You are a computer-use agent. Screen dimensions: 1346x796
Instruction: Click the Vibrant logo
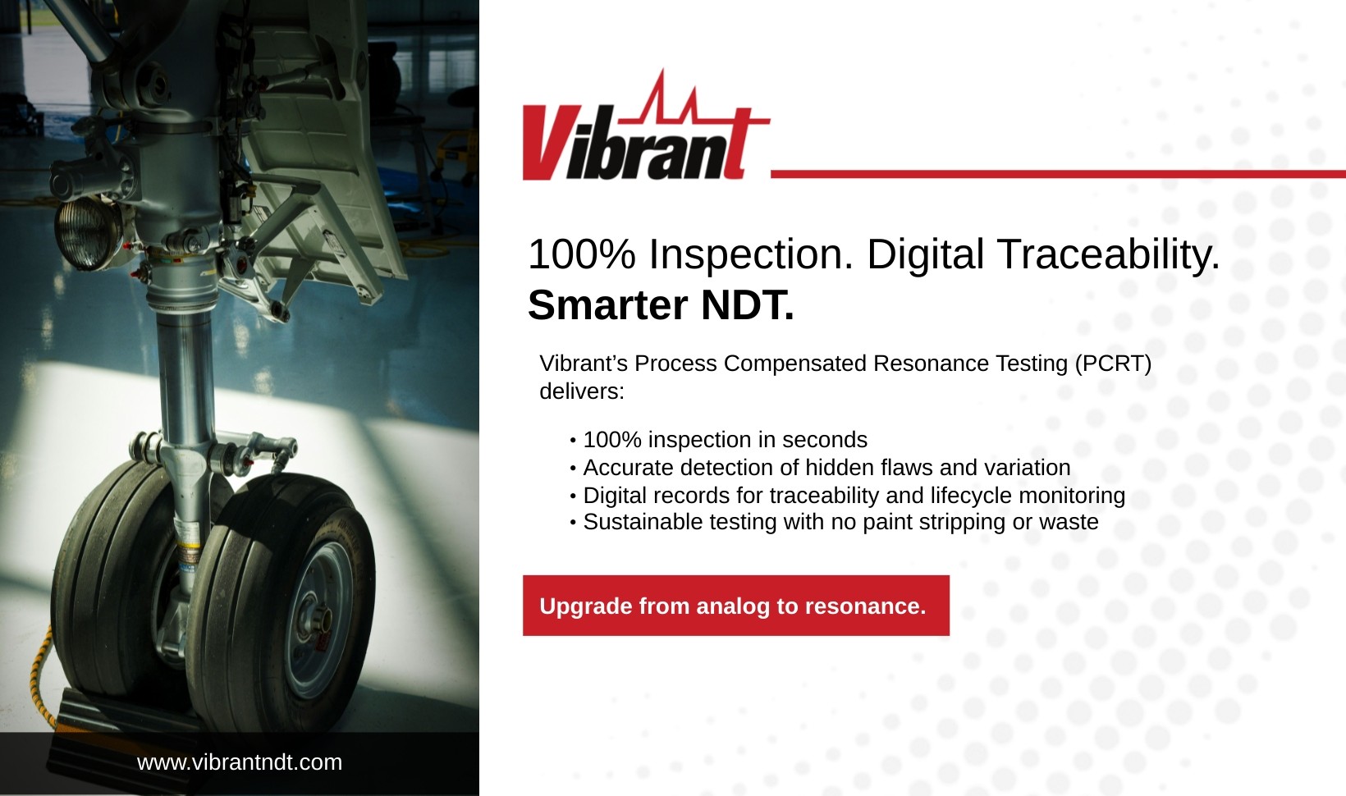(646, 125)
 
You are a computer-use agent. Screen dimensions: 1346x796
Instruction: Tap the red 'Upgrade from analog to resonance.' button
(736, 606)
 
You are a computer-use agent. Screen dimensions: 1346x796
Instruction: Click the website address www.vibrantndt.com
(239, 762)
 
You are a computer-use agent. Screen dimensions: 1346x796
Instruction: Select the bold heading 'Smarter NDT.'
(661, 305)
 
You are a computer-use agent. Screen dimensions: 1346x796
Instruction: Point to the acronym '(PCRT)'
(1113, 364)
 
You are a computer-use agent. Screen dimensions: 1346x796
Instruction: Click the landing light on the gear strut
(87, 232)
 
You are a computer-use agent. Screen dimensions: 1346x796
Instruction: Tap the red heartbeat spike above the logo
(662, 95)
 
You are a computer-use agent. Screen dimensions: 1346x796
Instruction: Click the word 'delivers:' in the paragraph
(582, 391)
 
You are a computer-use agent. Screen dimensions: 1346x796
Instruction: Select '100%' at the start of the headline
(581, 254)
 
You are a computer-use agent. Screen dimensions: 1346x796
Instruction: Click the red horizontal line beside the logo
(1058, 174)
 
